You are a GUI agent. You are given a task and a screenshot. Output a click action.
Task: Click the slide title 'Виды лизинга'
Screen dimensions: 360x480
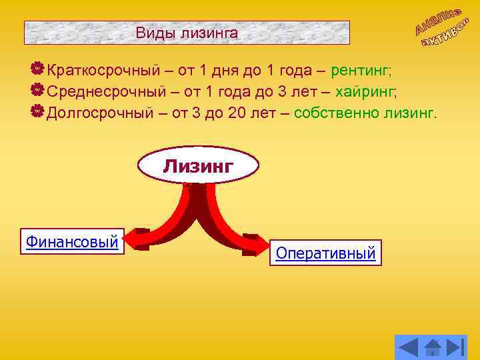pyautogui.click(x=187, y=32)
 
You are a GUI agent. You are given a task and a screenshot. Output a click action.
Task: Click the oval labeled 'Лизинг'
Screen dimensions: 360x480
pyautogui.click(x=198, y=165)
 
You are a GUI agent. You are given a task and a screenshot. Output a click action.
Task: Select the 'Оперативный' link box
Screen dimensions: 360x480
pyautogui.click(x=325, y=253)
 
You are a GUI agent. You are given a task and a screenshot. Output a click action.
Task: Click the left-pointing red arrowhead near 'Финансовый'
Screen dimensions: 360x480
pyautogui.click(x=137, y=239)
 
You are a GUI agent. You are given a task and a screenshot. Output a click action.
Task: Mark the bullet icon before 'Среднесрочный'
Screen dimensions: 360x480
pyautogui.click(x=38, y=90)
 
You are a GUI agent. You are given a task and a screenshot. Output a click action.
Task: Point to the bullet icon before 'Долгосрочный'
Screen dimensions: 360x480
pyautogui.click(x=38, y=111)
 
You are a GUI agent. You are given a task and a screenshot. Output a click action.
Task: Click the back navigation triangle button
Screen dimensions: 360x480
pyautogui.click(x=408, y=347)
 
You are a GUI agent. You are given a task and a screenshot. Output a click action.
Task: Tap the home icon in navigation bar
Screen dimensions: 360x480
pyautogui.click(x=433, y=347)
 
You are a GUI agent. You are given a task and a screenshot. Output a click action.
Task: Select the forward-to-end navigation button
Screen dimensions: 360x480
pyautogui.click(x=455, y=347)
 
